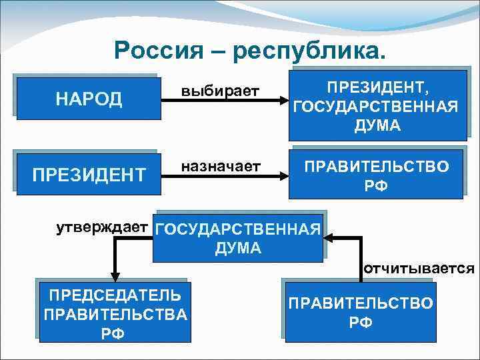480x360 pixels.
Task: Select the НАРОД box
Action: click(89, 99)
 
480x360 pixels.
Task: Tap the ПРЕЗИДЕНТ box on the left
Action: click(89, 175)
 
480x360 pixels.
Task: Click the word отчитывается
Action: click(419, 269)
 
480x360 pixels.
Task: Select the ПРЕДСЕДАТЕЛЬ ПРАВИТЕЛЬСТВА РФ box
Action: click(114, 313)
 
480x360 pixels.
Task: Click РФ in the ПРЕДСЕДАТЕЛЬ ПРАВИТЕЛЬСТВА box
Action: click(114, 333)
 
